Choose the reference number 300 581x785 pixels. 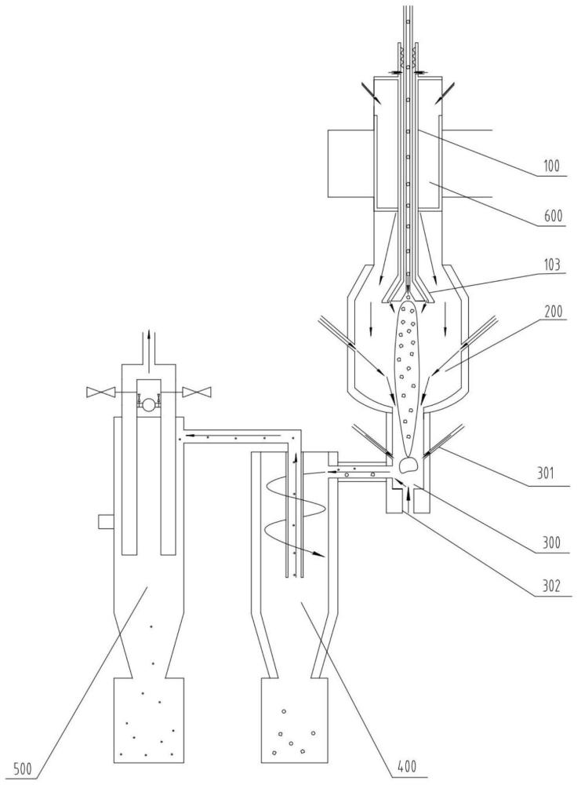[x=553, y=542]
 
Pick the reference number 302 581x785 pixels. [x=553, y=591]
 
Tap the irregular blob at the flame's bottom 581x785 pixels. [x=409, y=466]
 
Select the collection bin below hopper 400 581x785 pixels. [x=294, y=720]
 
